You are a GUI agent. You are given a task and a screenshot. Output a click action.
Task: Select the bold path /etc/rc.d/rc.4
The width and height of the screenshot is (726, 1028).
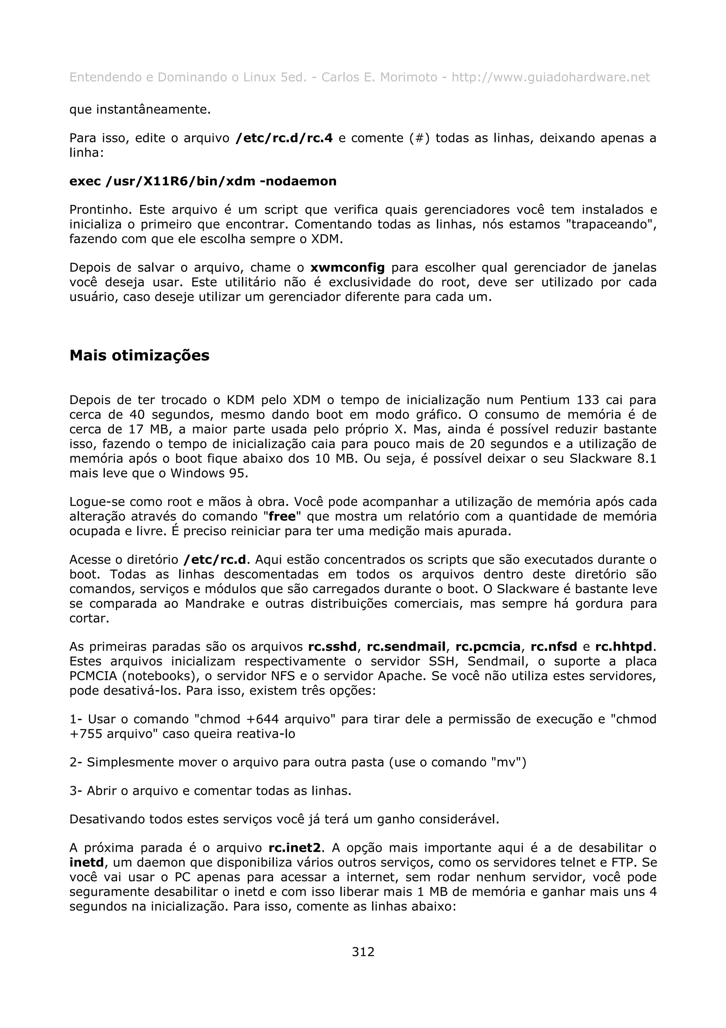tap(284, 138)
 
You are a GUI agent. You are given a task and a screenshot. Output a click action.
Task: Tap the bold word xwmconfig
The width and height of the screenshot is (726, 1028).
tap(347, 268)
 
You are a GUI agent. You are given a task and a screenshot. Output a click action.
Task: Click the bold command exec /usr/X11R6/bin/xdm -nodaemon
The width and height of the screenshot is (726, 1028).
tap(203, 181)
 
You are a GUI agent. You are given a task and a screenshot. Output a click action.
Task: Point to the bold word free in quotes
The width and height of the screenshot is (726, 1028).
tap(282, 517)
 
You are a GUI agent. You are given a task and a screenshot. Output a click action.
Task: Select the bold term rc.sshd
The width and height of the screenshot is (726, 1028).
tap(333, 647)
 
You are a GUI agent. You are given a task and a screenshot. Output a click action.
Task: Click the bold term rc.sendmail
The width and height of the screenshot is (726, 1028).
tap(406, 647)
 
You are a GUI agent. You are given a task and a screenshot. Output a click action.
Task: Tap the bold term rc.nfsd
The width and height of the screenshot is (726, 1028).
tap(554, 647)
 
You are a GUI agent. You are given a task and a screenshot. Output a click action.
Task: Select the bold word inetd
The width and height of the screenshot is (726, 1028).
tap(86, 863)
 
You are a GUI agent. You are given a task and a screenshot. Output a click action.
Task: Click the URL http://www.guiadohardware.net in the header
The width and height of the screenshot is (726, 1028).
tap(550, 77)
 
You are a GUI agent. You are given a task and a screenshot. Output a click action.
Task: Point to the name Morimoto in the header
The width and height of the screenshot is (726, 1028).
tap(408, 77)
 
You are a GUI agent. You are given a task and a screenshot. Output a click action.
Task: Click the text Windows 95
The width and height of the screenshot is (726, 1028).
tap(209, 473)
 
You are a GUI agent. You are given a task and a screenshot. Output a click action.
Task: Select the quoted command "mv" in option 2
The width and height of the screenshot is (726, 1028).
tap(508, 762)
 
